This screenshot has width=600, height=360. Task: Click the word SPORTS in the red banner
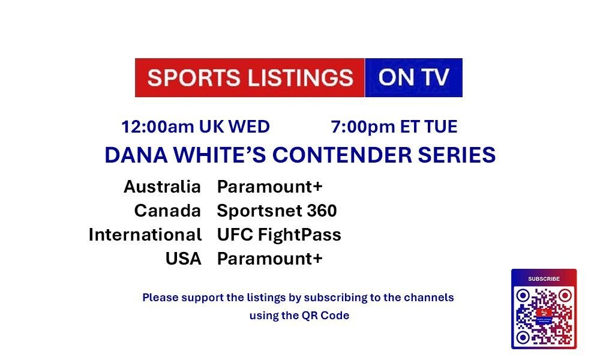pyautogui.click(x=194, y=77)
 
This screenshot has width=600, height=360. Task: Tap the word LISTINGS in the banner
pyautogui.click(x=301, y=77)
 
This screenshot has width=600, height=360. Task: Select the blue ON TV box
pyautogui.click(x=413, y=77)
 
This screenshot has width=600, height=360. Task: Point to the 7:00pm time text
pyautogui.click(x=363, y=127)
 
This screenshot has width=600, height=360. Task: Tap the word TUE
pyautogui.click(x=441, y=127)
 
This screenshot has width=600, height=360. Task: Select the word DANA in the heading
pyautogui.click(x=136, y=155)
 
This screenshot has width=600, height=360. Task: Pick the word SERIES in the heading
pyautogui.click(x=457, y=155)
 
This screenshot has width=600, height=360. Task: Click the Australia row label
pyautogui.click(x=162, y=187)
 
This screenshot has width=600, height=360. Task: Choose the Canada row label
pyautogui.click(x=167, y=211)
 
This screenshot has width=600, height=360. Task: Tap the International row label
pyautogui.click(x=145, y=235)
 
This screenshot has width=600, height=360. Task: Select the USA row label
pyautogui.click(x=183, y=259)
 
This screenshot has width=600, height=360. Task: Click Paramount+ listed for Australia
pyautogui.click(x=270, y=187)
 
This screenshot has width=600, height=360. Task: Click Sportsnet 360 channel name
pyautogui.click(x=277, y=211)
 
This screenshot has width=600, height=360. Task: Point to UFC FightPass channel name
pyautogui.click(x=279, y=235)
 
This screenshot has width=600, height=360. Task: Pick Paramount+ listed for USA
pyautogui.click(x=270, y=259)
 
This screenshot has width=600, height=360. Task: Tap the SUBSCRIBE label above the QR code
pyautogui.click(x=544, y=279)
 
